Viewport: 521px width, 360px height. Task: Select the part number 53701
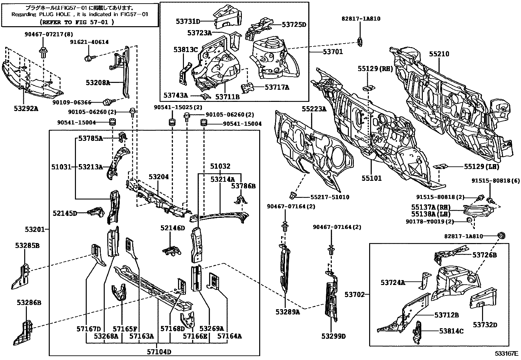pyautogui.click(x=332, y=52)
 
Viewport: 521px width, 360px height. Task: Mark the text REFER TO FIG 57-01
pyautogui.click(x=77, y=22)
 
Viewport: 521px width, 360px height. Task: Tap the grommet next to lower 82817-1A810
pyautogui.click(x=501, y=236)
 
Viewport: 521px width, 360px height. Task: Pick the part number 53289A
pyautogui.click(x=287, y=312)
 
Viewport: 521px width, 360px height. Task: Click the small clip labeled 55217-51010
pyautogui.click(x=293, y=196)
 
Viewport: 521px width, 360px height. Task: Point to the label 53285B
pyautogui.click(x=28, y=245)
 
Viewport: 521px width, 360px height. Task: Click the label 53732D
pyautogui.click(x=485, y=325)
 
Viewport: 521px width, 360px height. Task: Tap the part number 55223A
pyautogui.click(x=314, y=109)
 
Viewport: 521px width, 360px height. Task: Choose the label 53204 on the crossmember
pyautogui.click(x=158, y=177)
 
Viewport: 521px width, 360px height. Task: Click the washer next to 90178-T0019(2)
pyautogui.click(x=468, y=219)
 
